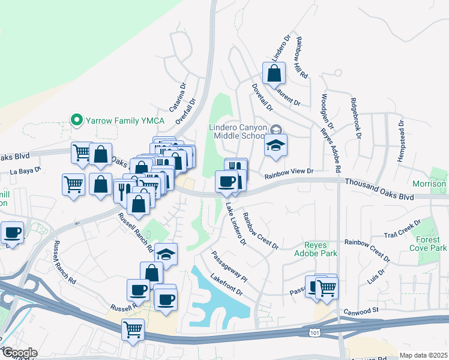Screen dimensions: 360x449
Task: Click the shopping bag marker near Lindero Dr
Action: click(x=274, y=74)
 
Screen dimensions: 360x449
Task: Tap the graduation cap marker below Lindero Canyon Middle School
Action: click(x=276, y=146)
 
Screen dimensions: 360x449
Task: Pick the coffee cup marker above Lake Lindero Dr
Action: click(x=226, y=181)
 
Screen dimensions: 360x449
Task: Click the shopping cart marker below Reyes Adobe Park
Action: click(x=327, y=288)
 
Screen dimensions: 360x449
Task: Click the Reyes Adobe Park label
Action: click(x=321, y=249)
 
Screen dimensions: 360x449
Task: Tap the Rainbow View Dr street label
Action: click(x=290, y=172)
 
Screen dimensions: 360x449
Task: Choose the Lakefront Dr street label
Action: click(x=226, y=285)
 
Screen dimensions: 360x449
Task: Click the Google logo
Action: click(x=19, y=353)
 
